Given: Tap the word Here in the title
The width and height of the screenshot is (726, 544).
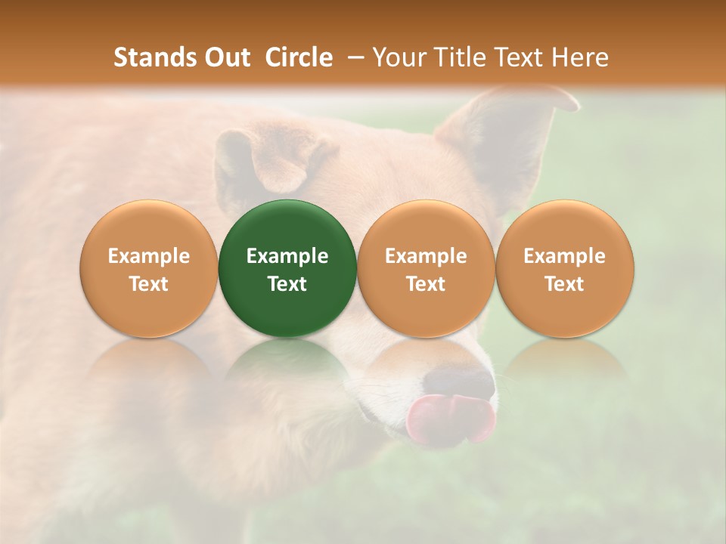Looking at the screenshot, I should [x=578, y=57].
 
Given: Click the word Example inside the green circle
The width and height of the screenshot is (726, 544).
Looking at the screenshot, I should [x=287, y=256].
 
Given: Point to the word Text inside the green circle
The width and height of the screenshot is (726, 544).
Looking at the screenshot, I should [x=287, y=284].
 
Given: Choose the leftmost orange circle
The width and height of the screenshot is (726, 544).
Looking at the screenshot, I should [x=149, y=268].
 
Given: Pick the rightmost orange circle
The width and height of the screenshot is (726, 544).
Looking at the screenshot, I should [x=564, y=268].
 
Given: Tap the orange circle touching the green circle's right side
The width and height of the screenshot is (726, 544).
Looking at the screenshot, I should [x=426, y=268].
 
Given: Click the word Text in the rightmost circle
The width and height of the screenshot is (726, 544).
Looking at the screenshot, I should [x=564, y=284].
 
